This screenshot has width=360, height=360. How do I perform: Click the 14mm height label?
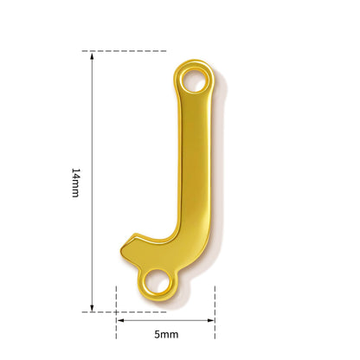tap(75, 183)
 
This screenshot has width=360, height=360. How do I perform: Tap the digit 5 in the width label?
tap(157, 335)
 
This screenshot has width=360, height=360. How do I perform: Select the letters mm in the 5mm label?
tap(170, 335)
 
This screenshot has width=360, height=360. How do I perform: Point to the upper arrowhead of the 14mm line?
tap(92, 55)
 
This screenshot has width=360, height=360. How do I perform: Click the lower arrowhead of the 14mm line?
tap(92, 307)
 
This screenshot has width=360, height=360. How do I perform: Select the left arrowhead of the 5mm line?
tap(120, 320)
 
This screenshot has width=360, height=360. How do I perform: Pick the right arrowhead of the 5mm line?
tap(211, 320)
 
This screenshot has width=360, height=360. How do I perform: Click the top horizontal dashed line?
tap(124, 51)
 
